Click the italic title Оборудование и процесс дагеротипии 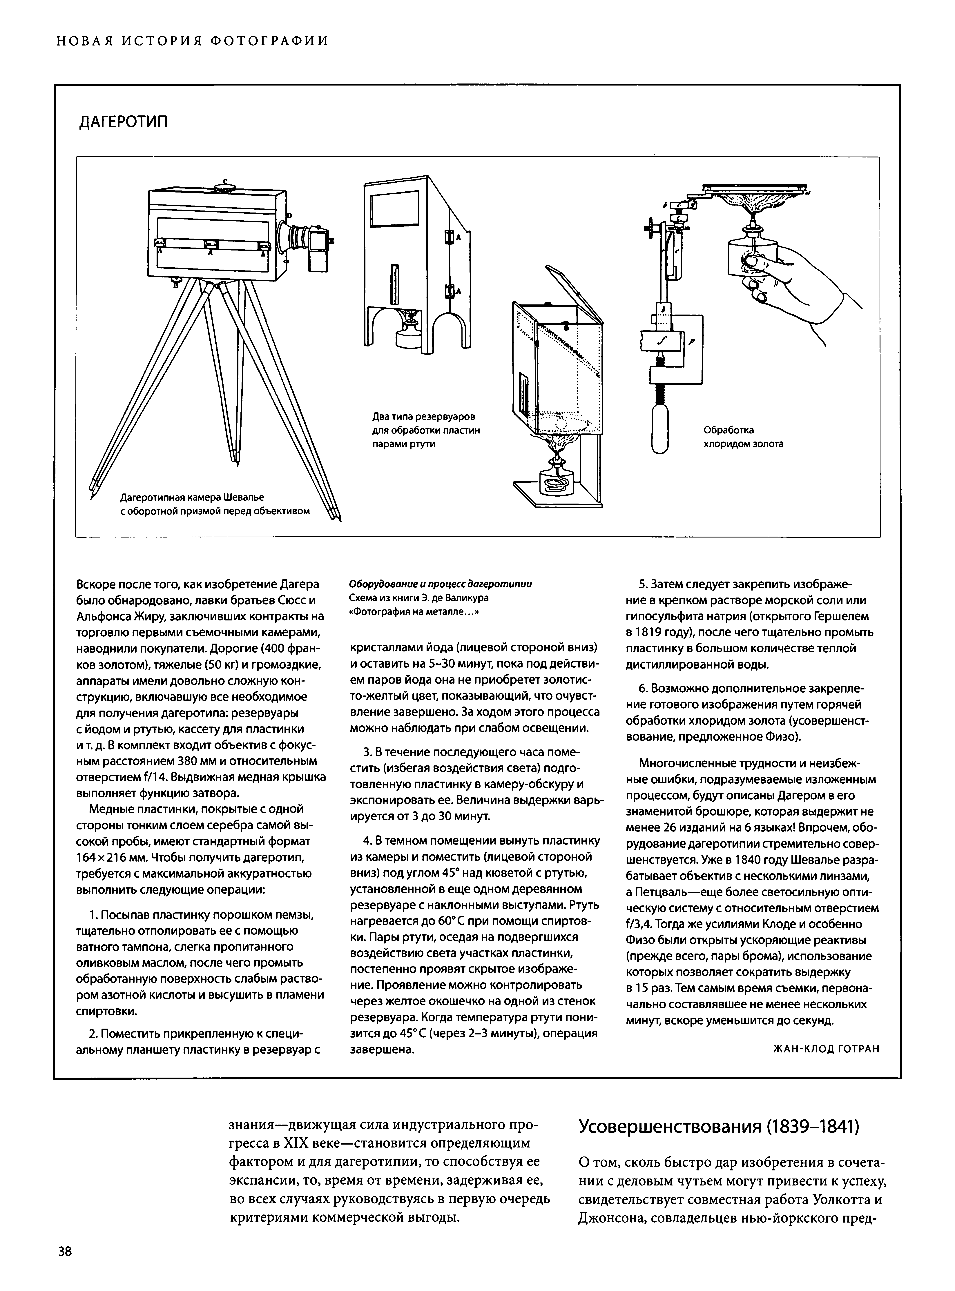pos(441,584)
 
